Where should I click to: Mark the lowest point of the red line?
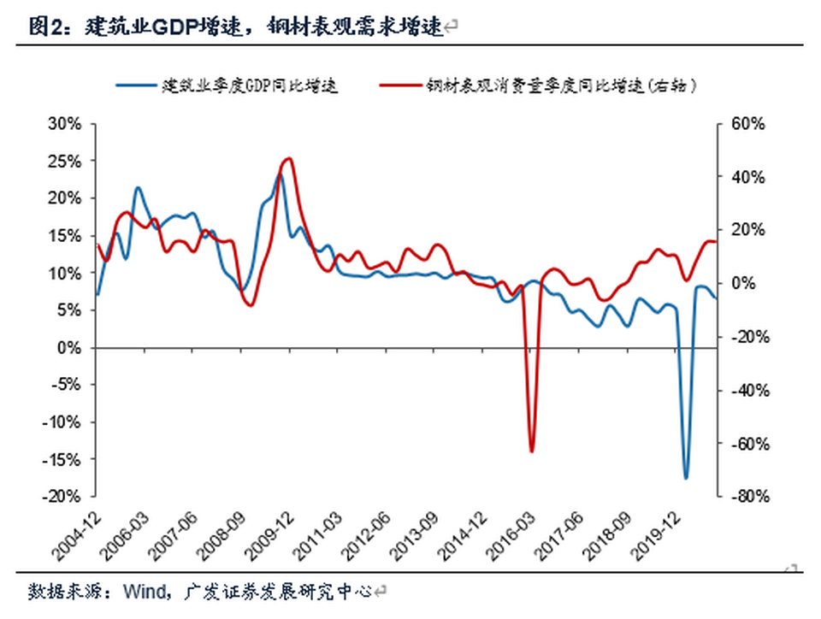tap(531, 451)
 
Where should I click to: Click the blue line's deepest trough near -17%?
tap(685, 478)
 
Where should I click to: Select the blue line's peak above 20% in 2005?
tap(138, 187)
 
